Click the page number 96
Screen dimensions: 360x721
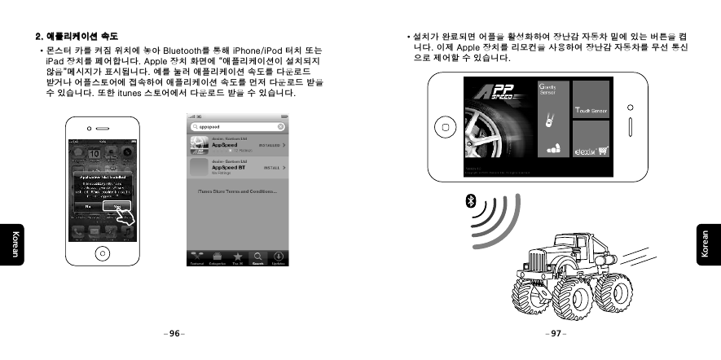[x=174, y=334]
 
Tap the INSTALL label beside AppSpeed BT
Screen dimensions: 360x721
[x=269, y=168]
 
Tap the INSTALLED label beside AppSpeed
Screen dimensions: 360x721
[x=269, y=146]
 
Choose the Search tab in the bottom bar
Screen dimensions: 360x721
[x=257, y=257]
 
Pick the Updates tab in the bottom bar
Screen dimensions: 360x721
[x=279, y=257]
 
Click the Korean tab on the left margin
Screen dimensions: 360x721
[x=15, y=244]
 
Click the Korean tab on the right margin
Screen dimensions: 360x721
[x=706, y=244]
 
